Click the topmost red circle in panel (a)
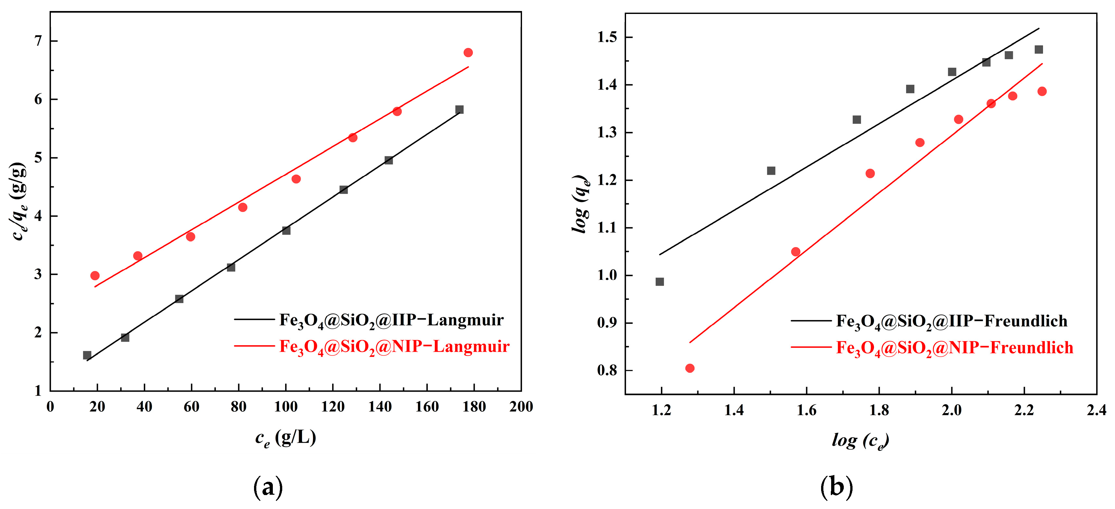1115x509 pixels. coord(468,53)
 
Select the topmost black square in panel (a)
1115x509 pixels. coord(459,110)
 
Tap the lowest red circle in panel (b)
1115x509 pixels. coord(690,368)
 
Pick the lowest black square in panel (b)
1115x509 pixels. coord(660,282)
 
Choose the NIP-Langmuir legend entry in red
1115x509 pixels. coord(394,347)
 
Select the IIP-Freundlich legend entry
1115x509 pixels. coord(951,321)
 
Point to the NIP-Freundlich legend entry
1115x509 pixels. coord(954,348)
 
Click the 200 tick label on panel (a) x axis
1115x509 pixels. coord(521,407)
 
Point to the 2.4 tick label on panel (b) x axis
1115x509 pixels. coord(1096,410)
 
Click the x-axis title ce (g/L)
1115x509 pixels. coord(286,438)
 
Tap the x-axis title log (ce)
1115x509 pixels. coord(860,441)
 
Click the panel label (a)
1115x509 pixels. coord(268,487)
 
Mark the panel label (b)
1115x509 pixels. coord(836,487)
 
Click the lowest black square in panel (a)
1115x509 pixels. coord(87,355)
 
